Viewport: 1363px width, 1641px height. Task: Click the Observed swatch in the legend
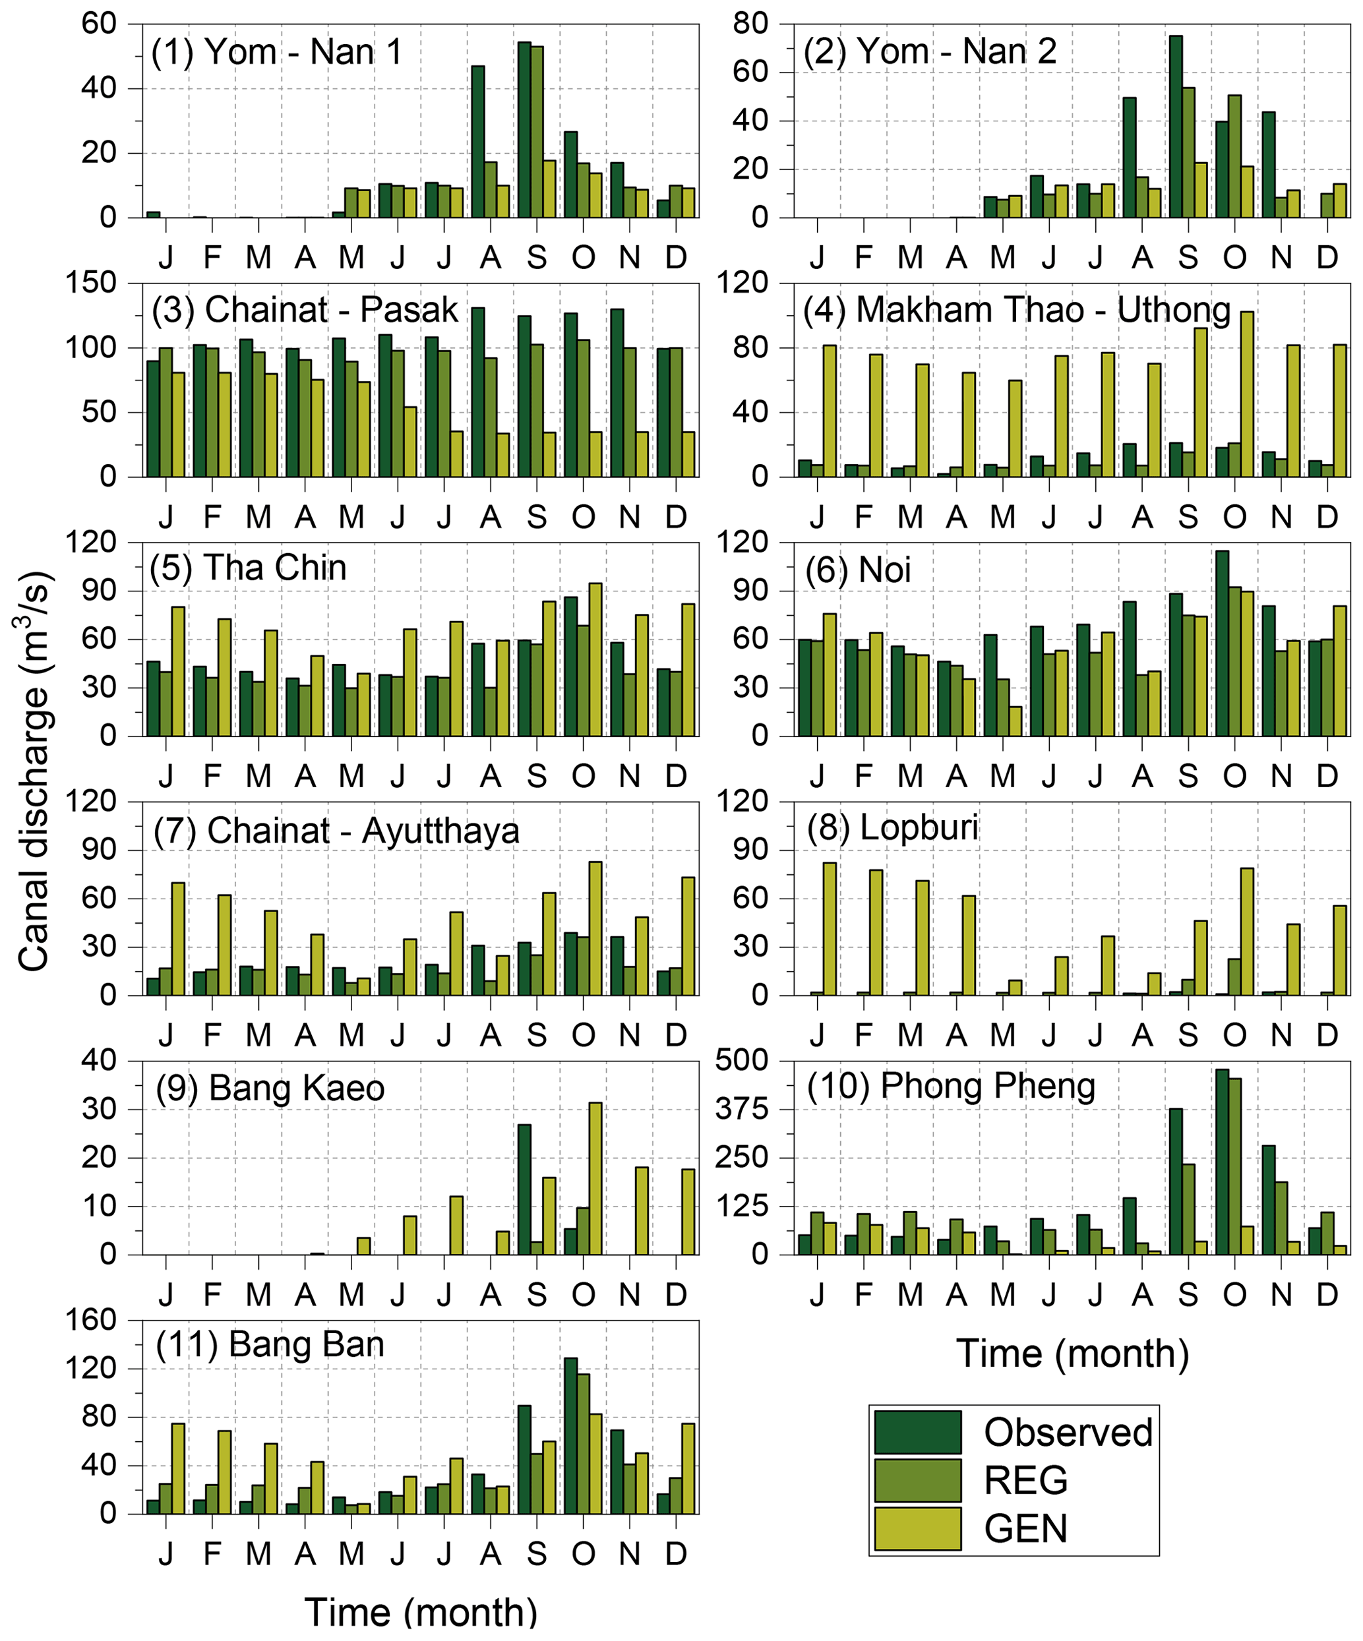point(917,1431)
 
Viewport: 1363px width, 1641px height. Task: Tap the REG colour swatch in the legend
point(917,1480)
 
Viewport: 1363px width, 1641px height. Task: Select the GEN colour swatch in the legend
point(917,1528)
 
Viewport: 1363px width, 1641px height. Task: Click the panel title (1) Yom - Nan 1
point(277,52)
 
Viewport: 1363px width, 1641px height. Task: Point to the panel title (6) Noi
point(857,570)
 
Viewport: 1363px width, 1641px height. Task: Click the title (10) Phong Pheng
point(950,1086)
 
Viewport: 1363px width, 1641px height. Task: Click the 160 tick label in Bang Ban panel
point(96,1321)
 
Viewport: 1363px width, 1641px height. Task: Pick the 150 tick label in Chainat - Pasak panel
point(96,283)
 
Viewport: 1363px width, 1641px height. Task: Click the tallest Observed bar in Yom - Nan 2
point(1176,127)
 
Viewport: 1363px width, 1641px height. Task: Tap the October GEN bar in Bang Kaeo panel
point(595,1178)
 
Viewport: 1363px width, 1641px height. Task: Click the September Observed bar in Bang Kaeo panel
point(524,1189)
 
